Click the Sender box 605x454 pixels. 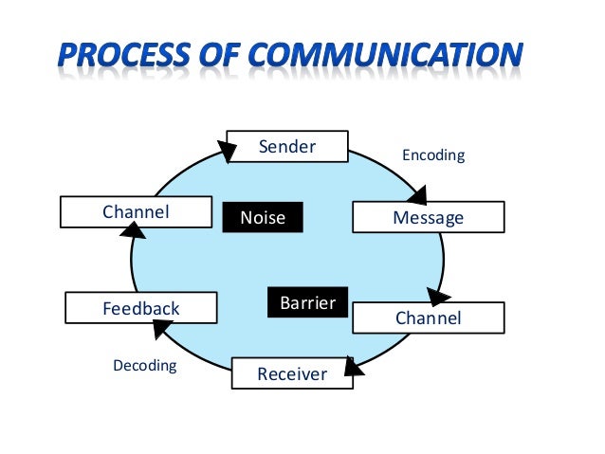click(x=286, y=148)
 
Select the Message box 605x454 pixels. click(x=428, y=217)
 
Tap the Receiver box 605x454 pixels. click(x=291, y=373)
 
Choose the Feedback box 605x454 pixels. click(x=140, y=308)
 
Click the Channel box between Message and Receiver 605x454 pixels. click(x=428, y=318)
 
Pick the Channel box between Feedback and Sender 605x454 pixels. click(x=136, y=212)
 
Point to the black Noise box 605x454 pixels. click(x=263, y=218)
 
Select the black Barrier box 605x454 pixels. click(x=307, y=303)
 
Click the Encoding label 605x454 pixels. click(x=433, y=154)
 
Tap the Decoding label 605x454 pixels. click(x=144, y=365)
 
